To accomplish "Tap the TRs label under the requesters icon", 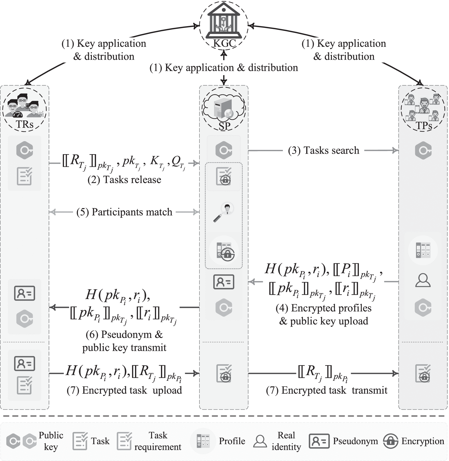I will point(24,124).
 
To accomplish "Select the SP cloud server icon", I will point(224,109).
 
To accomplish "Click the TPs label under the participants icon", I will point(424,125).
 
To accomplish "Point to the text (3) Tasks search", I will point(324,150).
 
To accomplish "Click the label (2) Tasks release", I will point(124,180).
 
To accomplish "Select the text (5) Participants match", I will point(124,212).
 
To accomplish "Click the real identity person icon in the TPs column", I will point(423,281).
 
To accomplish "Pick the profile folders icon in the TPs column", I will point(423,250).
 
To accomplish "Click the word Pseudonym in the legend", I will point(355,441).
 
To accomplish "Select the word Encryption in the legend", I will point(423,441).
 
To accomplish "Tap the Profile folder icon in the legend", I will point(203,441).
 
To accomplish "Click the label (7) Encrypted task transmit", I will point(327,390).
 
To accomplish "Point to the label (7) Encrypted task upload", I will point(124,390).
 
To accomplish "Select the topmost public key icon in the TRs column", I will point(24,150).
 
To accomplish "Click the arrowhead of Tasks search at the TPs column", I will point(396,150).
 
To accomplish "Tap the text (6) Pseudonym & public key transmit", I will point(124,341).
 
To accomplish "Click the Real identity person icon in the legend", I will point(260,441).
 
